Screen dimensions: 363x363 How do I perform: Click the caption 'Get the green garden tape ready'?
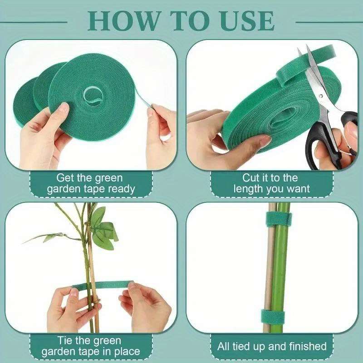point(89,183)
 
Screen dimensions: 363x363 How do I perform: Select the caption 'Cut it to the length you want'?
point(271,183)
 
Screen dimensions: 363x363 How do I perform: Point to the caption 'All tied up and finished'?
point(272,346)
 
